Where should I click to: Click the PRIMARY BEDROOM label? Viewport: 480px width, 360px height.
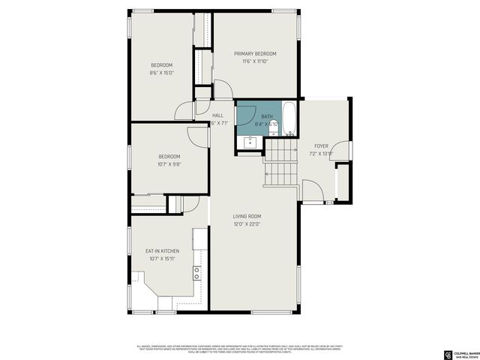coord(254,54)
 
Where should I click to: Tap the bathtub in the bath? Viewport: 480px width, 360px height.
coord(289,118)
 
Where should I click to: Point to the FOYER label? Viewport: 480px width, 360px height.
coord(321,145)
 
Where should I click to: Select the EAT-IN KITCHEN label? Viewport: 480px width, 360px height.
coord(161,251)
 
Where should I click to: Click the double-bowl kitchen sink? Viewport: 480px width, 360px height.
coord(197,272)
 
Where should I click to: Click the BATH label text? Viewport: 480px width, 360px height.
coord(267,116)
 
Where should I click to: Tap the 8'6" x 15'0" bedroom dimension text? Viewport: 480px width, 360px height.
coord(161,73)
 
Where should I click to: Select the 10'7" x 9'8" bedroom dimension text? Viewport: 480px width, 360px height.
coord(169,163)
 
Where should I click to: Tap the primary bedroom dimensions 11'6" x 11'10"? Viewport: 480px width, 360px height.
coord(254,61)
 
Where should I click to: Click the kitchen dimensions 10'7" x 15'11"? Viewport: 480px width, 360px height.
coord(161,259)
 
